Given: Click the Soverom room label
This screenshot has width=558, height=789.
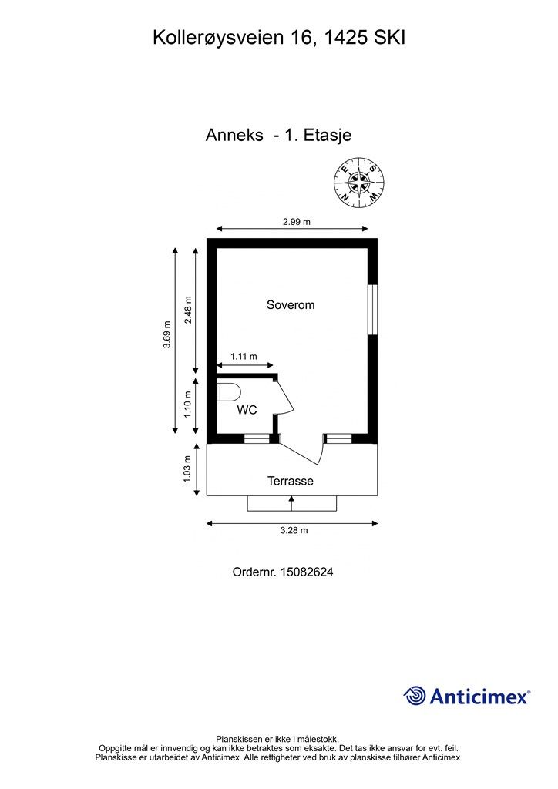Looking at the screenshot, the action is coord(291,305).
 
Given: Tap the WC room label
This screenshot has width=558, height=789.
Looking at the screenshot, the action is coord(247,410).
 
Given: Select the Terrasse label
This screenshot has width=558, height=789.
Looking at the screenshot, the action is coord(291,481).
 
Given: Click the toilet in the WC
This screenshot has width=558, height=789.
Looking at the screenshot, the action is coord(230,392).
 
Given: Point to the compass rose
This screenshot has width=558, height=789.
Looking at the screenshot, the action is coord(359,182).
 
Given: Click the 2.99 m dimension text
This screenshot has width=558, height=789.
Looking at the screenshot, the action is coord(297,221).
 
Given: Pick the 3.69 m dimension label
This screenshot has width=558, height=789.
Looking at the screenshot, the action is coord(167,334).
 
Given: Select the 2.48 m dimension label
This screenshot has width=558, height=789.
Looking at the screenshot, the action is coord(188,310).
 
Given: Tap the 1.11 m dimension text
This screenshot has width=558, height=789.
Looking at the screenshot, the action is coord(244,356).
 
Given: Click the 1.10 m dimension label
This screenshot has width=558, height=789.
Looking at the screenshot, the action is coord(188,404).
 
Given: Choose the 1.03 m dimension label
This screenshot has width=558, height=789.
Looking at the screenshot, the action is coord(188,469).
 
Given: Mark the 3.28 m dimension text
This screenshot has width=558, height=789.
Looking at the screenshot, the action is coord(294,530).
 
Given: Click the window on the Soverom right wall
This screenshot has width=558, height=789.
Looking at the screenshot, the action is coord(372,310).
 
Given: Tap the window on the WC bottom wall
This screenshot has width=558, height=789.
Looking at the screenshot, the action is coord(257,438).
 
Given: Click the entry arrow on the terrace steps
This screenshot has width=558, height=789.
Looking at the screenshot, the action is coord(291,503).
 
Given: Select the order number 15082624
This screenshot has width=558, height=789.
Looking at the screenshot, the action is coord(307,572).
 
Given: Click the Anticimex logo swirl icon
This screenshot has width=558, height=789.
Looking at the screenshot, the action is coord(415,696).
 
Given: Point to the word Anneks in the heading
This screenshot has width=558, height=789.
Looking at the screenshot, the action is coord(234,135).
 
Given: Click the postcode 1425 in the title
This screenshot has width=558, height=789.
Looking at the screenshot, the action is coord(345,38).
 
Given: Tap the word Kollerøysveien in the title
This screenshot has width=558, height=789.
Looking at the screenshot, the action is coord(218,39).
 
